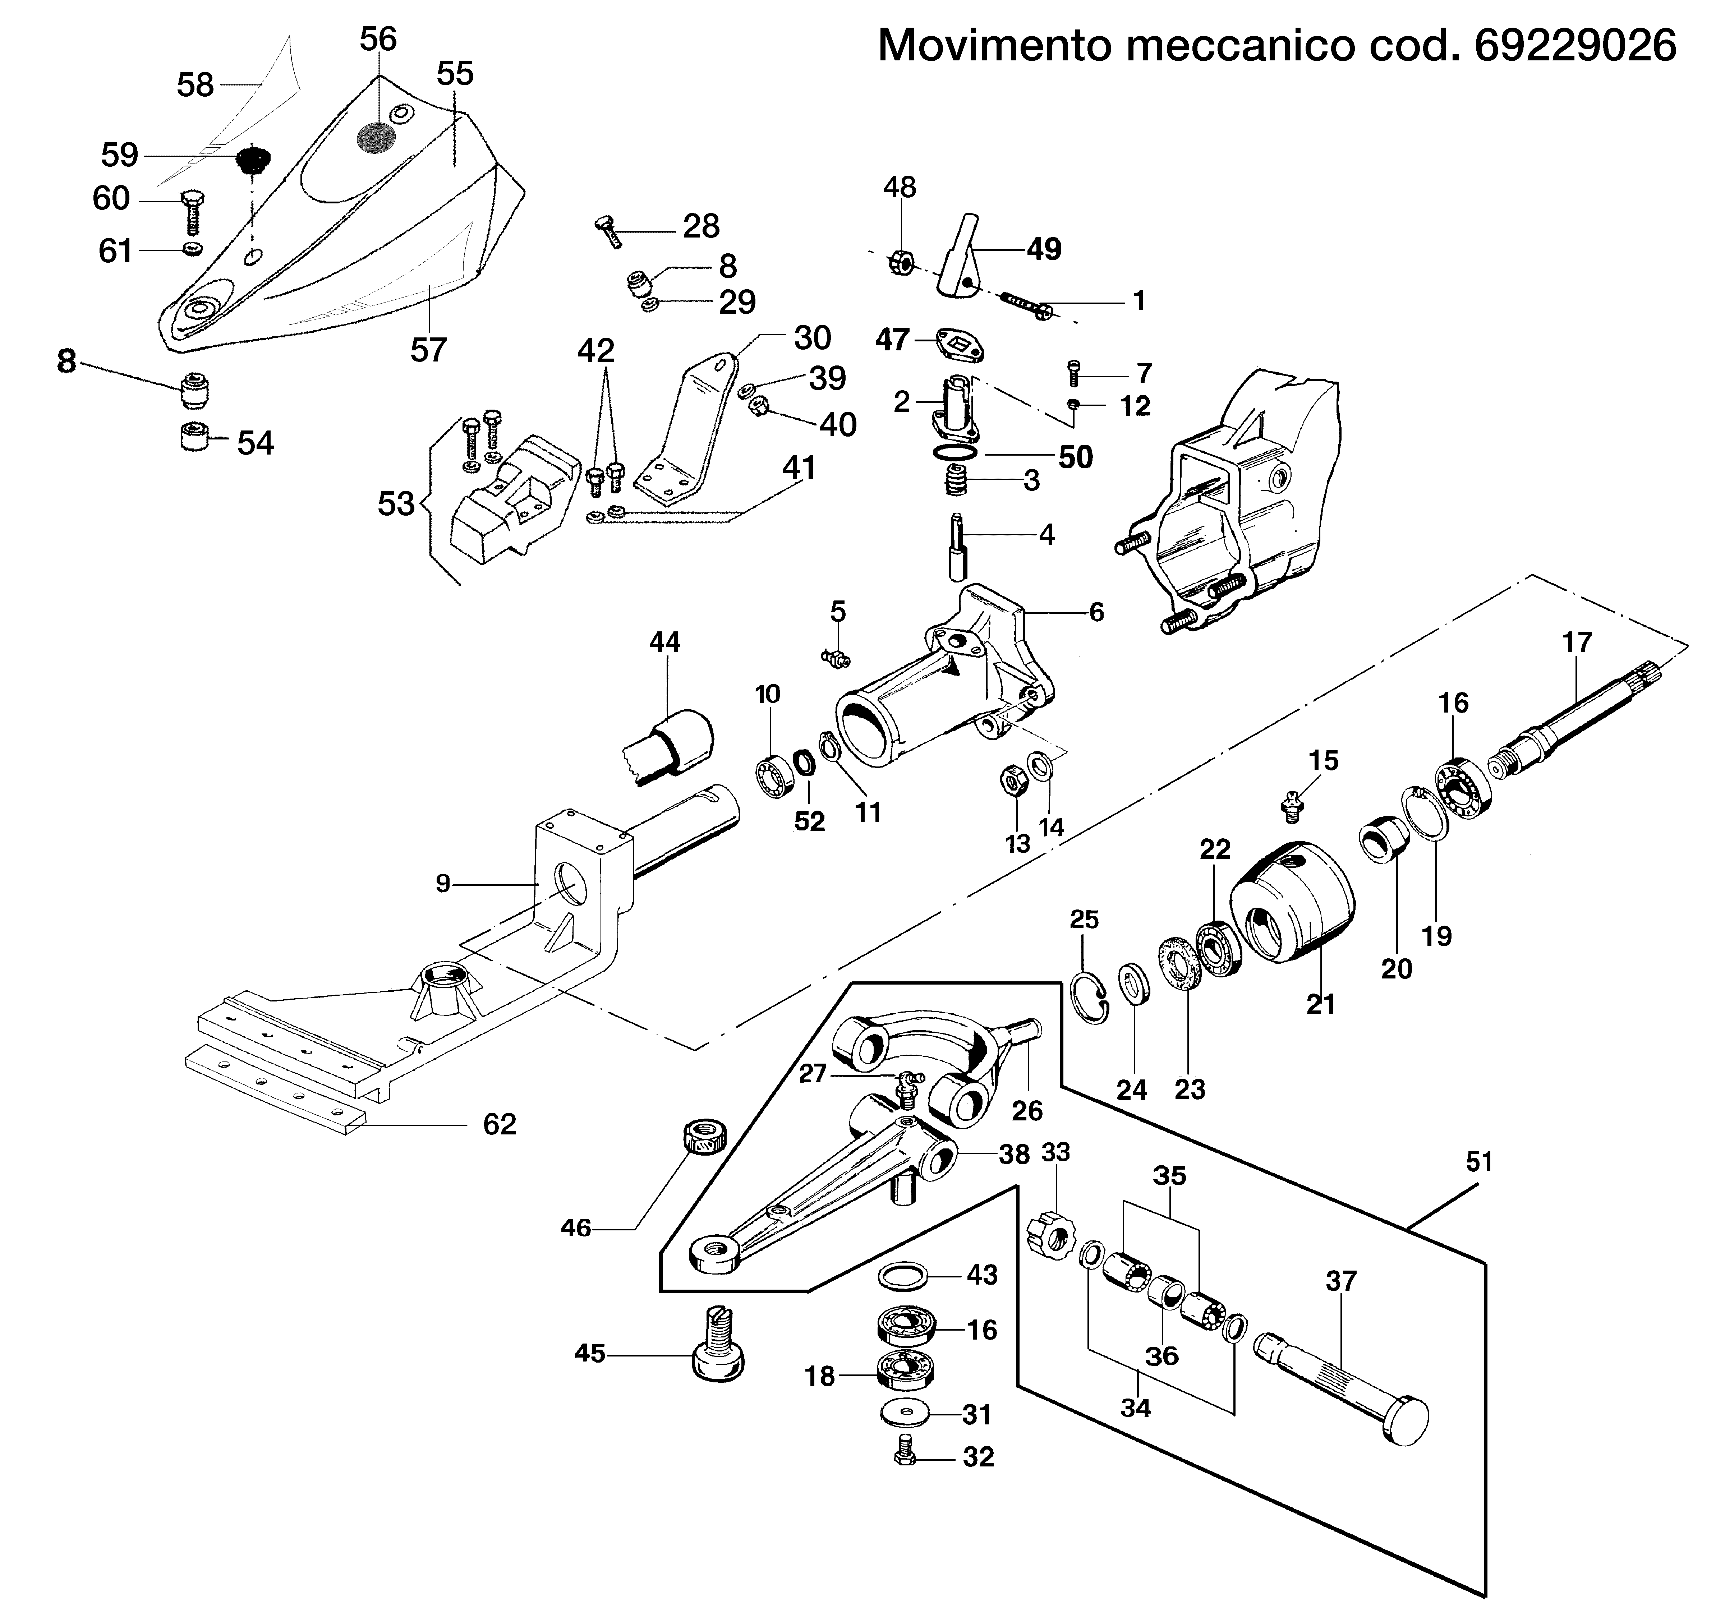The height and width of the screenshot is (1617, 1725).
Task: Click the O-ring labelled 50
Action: pos(956,453)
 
